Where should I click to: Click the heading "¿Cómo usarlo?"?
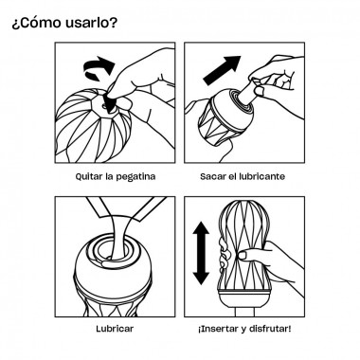[64, 23]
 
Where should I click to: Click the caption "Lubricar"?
[115, 329]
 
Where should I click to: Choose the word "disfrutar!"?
[270, 329]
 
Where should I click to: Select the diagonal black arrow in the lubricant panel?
[222, 70]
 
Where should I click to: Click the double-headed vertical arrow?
[201, 253]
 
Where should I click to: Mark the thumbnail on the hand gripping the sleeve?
[243, 255]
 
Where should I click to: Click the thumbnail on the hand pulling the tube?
[259, 91]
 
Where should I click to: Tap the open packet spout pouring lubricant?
[127, 207]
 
